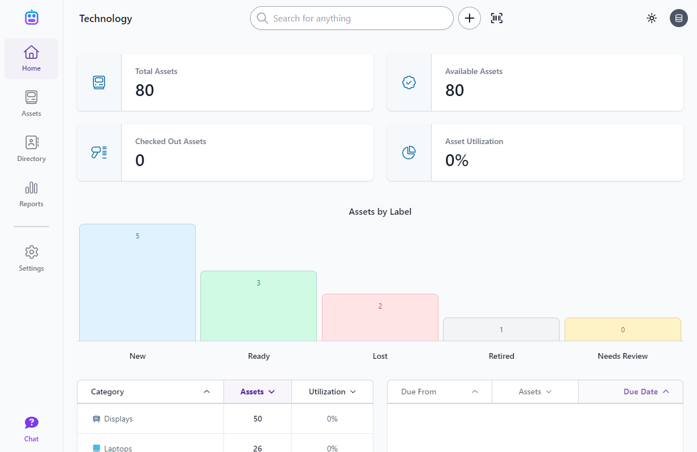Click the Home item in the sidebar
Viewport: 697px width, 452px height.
(x=31, y=59)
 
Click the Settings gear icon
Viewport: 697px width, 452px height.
(x=31, y=252)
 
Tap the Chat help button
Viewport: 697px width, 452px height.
(x=31, y=429)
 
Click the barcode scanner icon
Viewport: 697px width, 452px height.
(x=497, y=18)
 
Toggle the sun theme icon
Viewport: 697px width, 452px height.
(x=652, y=18)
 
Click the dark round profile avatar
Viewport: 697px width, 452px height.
(x=679, y=18)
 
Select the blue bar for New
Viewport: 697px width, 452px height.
(x=137, y=282)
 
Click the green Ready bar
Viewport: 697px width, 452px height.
(x=259, y=306)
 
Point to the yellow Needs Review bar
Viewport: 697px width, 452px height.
(x=623, y=329)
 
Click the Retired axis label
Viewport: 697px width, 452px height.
(x=501, y=356)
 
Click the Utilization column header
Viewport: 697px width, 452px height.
(x=332, y=392)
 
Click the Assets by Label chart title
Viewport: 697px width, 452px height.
(x=380, y=212)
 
